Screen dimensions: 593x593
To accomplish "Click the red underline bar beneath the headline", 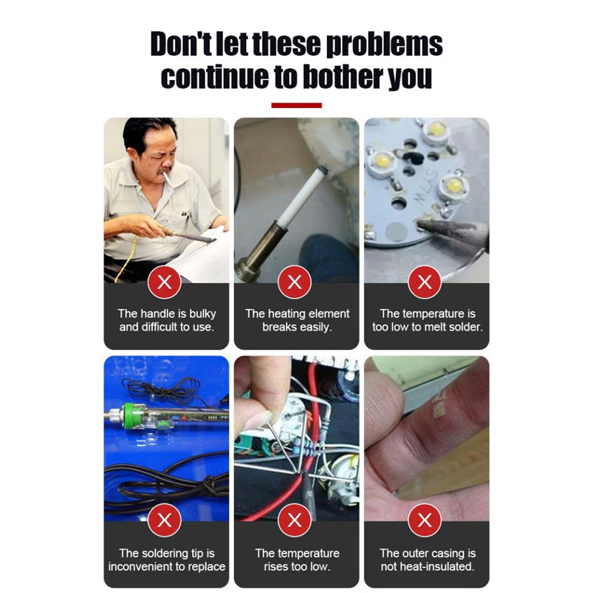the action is [296, 105].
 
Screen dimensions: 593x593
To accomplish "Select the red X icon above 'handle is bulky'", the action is [165, 282].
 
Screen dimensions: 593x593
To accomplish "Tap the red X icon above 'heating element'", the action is [294, 282].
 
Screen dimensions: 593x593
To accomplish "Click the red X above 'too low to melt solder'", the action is [425, 282].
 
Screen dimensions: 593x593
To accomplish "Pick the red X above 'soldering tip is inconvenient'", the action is [165, 520].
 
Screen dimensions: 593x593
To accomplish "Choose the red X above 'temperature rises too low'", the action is [294, 520].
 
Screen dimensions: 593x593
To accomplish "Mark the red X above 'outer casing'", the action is [425, 520].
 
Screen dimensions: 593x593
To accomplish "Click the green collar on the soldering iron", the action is [128, 416].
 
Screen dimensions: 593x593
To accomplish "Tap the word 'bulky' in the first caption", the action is [202, 314].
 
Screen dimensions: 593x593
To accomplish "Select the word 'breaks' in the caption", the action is [279, 327].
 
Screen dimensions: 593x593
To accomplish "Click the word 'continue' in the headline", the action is [214, 77].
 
